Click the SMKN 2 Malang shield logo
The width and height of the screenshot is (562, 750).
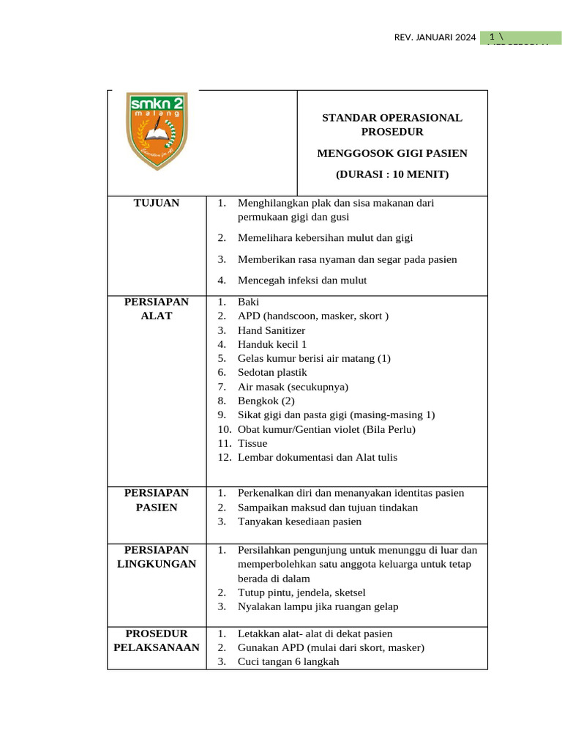(157, 130)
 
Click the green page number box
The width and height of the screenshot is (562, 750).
(520, 37)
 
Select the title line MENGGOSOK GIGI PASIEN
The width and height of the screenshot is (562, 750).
(392, 153)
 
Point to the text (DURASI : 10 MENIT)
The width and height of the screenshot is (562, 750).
(392, 174)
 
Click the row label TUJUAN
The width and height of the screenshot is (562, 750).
(157, 203)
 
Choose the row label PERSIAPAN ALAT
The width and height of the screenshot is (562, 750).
(157, 308)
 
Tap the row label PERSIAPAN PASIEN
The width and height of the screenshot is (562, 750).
(157, 500)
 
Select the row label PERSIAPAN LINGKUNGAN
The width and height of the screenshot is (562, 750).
(157, 556)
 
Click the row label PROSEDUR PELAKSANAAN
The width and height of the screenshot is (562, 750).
(157, 640)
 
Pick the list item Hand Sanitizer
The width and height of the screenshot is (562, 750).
(271, 330)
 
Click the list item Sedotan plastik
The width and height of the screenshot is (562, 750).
(272, 372)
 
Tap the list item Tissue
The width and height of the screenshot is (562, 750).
(252, 443)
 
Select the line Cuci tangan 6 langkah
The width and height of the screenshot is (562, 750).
(288, 661)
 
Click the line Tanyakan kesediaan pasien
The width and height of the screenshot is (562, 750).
(299, 521)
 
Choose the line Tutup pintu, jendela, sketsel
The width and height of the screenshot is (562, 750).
(301, 592)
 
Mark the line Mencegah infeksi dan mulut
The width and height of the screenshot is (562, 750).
(302, 280)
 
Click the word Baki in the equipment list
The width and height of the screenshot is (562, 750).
(248, 302)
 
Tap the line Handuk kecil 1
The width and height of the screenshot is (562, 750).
(272, 344)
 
